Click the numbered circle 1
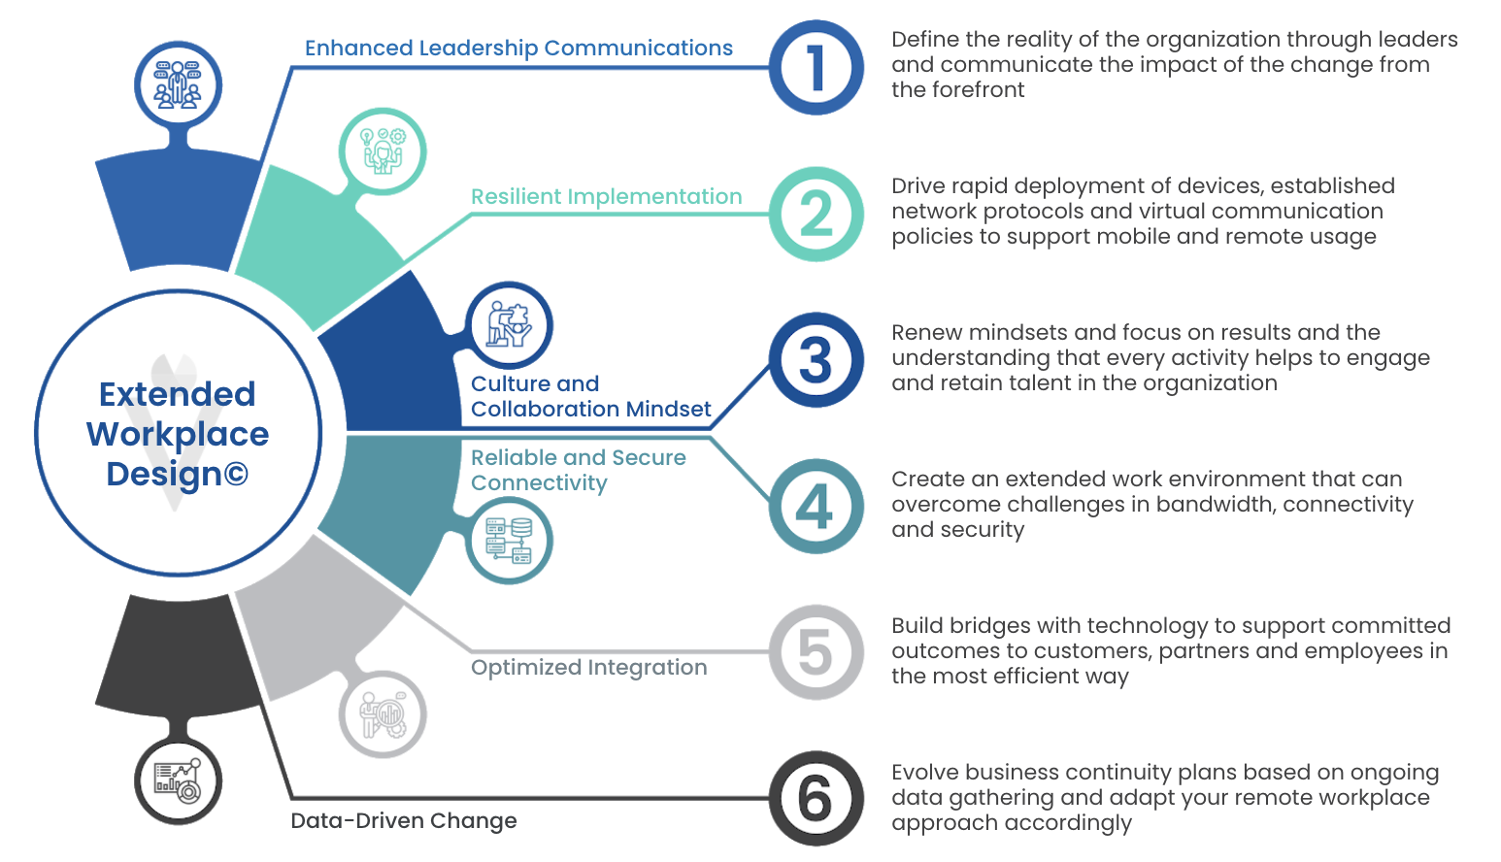point(816,68)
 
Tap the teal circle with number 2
point(816,215)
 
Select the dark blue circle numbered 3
point(816,360)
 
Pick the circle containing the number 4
point(816,507)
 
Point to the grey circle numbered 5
point(816,652)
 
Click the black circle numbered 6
point(816,798)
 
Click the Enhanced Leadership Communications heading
point(518,49)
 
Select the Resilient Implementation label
point(607,197)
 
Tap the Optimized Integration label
point(589,668)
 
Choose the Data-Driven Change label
point(403,820)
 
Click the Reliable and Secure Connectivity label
point(579,470)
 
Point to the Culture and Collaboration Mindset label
point(590,396)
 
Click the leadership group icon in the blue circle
point(178,85)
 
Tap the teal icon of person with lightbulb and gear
point(383,151)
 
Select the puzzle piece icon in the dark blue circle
point(509,325)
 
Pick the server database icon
point(509,541)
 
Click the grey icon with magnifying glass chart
point(383,714)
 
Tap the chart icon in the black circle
point(178,780)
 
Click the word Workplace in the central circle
point(178,434)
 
